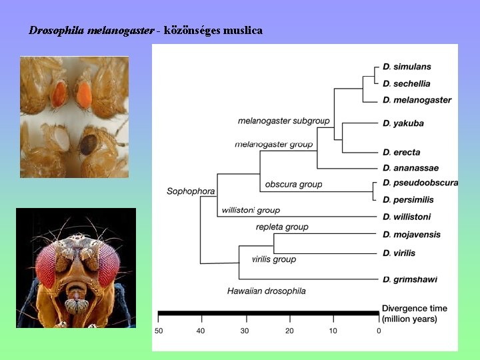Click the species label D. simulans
pyautogui.click(x=407, y=67)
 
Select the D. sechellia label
pyautogui.click(x=407, y=83)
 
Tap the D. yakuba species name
pyautogui.click(x=403, y=123)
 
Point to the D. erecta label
pyautogui.click(x=401, y=153)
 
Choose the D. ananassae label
pyautogui.click(x=411, y=168)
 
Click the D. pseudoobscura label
pyautogui.click(x=420, y=183)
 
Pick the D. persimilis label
pyautogui.click(x=408, y=199)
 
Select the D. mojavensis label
pyautogui.click(x=411, y=235)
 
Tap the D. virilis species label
pyautogui.click(x=399, y=253)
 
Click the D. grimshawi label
pyautogui.click(x=410, y=279)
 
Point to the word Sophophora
pyautogui.click(x=191, y=191)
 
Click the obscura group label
pyautogui.click(x=293, y=184)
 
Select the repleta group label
pyautogui.click(x=282, y=227)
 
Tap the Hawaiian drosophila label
pyautogui.click(x=266, y=291)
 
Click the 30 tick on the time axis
pyautogui.click(x=245, y=331)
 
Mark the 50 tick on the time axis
pyautogui.click(x=159, y=331)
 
